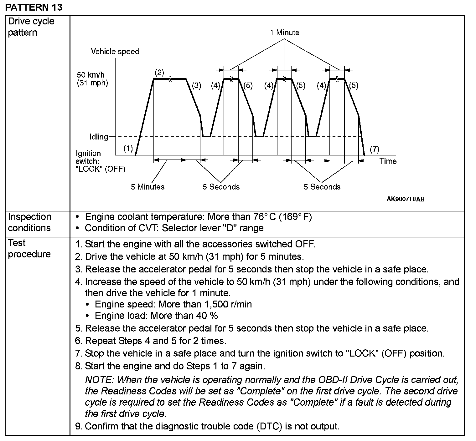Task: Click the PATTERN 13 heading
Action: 34,7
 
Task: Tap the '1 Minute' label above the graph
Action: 284,33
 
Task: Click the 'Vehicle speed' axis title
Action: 115,52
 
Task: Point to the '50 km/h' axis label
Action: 91,75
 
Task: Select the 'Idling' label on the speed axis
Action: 99,137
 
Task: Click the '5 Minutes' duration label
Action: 147,187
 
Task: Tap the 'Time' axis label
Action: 388,161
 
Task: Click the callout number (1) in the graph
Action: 128,149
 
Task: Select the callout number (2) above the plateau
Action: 159,73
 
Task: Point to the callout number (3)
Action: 196,85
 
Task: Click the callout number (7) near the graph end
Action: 375,149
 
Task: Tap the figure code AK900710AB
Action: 406,199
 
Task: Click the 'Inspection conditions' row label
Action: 29,222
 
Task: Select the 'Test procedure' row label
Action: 29,248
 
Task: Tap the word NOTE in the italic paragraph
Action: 99,380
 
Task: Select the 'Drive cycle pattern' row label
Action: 31,27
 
